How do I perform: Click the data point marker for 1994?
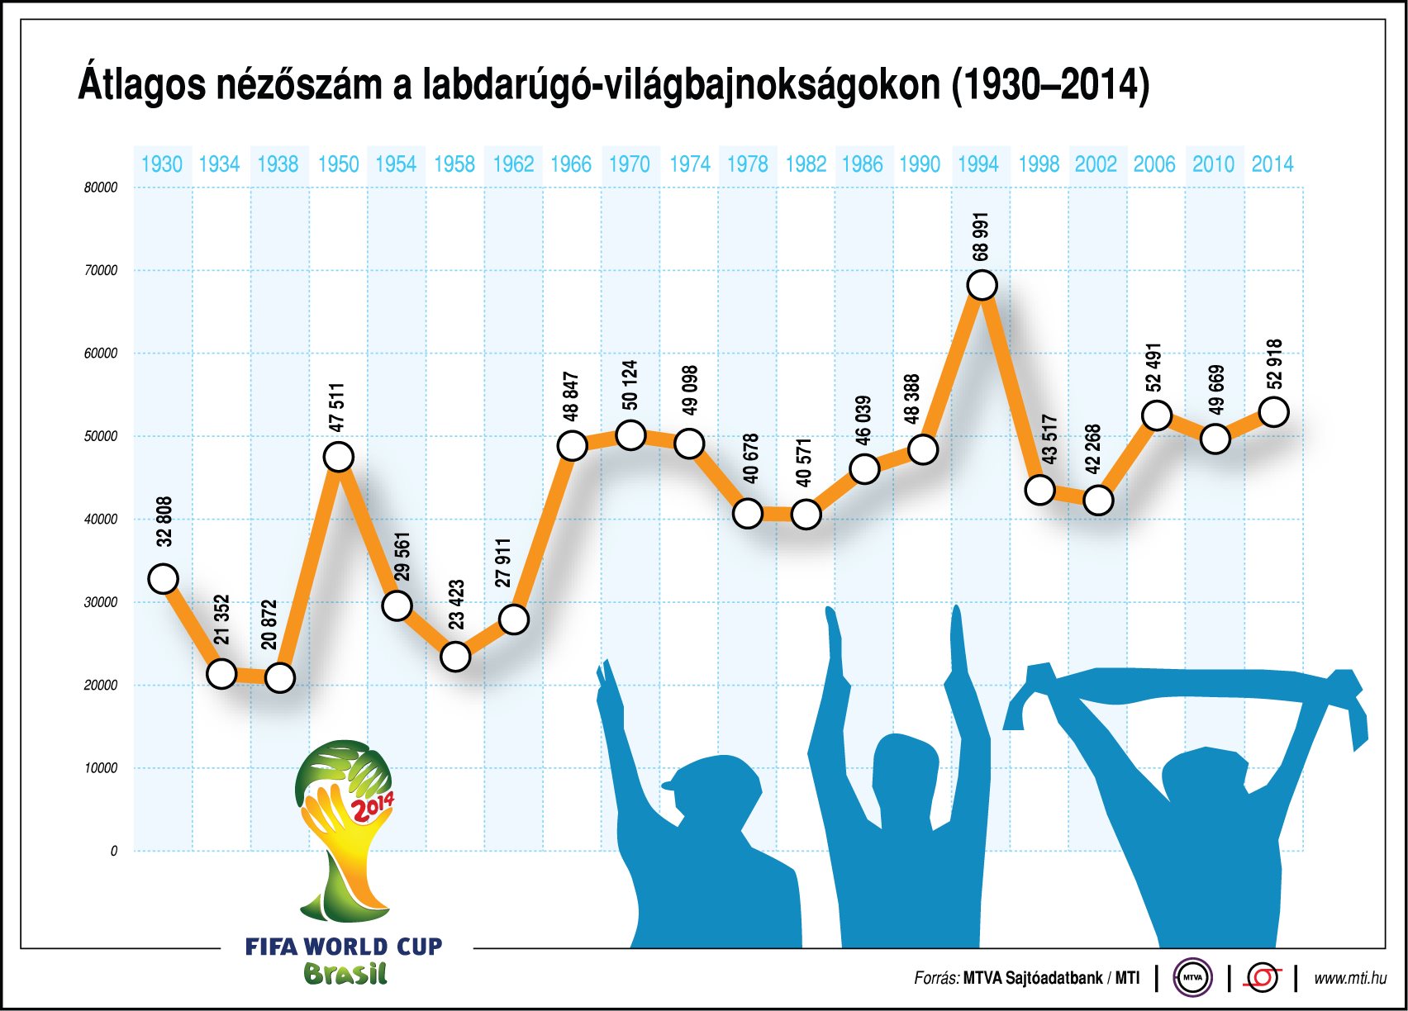pos(981,285)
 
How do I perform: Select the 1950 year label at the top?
pos(338,164)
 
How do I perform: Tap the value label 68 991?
pos(981,236)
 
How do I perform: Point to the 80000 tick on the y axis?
pos(101,187)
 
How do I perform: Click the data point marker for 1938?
pos(280,678)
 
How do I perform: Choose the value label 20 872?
pos(269,624)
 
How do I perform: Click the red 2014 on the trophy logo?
pos(373,806)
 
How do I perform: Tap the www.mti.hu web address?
pos(1349,978)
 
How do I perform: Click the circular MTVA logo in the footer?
pos(1192,978)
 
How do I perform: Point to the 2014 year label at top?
pos(1272,164)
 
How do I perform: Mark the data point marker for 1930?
pos(164,578)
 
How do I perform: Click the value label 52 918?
pos(1274,364)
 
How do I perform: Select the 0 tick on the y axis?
pos(114,852)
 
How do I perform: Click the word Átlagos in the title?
pos(141,85)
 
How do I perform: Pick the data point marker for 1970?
pos(630,434)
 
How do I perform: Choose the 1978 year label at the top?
pos(747,164)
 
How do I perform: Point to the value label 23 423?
pos(456,605)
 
